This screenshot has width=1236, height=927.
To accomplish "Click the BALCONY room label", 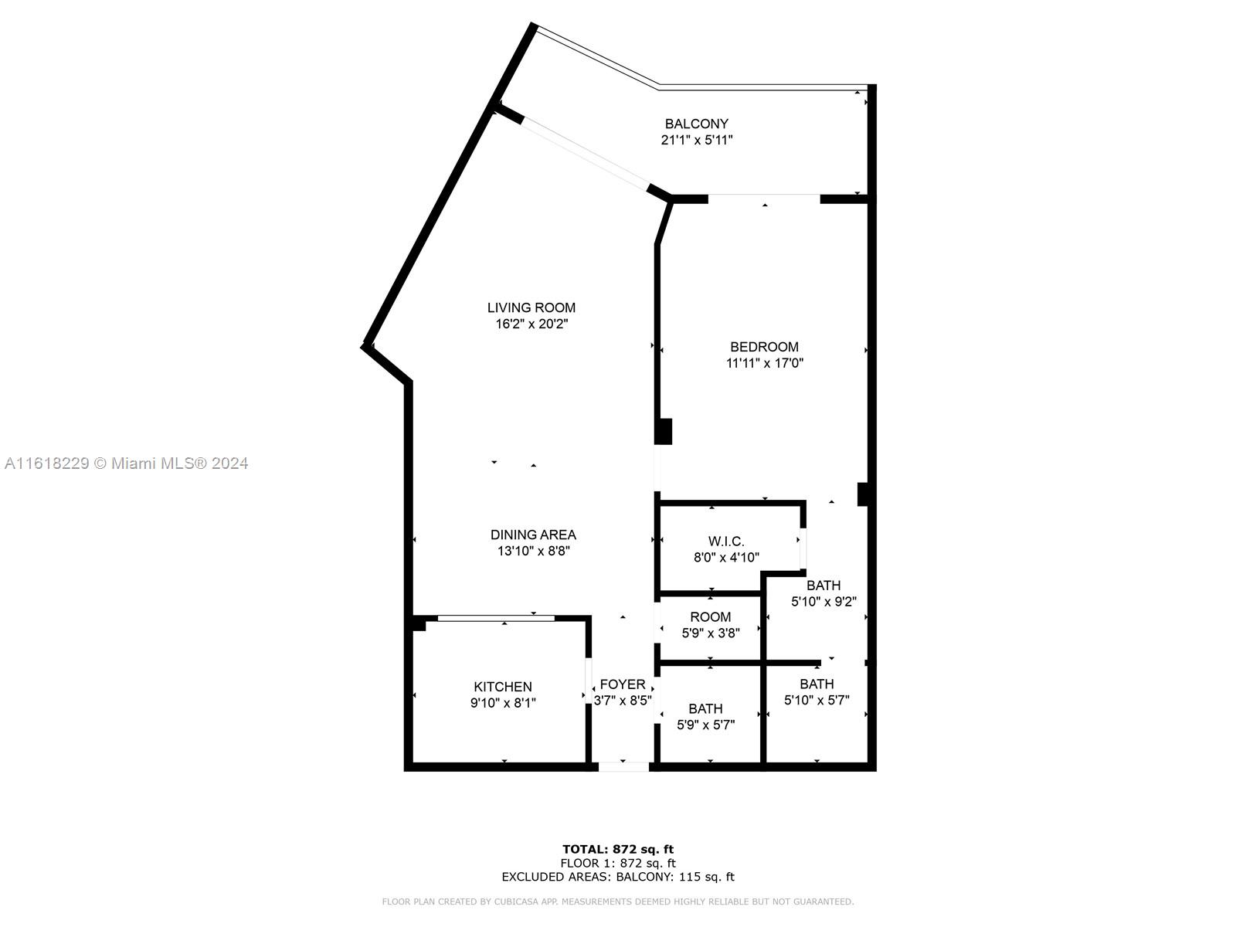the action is pos(696,124).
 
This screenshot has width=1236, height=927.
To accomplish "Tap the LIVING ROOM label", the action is pos(531,308).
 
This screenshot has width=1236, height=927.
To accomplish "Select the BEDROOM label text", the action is pos(764,347).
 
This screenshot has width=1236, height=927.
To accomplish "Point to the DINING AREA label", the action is pos(533,535).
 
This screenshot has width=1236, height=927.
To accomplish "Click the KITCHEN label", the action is pos(502,687).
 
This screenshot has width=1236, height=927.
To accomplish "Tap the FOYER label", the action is pos(622,684).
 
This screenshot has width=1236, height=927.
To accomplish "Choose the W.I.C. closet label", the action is pos(726,542).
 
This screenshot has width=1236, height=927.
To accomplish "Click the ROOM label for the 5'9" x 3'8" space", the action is pos(710,617).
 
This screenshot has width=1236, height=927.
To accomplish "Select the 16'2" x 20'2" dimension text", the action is pos(531,324).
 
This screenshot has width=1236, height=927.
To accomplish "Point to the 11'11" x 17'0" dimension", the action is pos(764,363).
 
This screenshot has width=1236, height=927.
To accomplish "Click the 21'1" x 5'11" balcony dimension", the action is pos(697,140).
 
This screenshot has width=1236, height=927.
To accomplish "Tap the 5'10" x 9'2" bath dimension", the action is pos(823,602).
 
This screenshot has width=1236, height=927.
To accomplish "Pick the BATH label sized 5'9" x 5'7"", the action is pos(705,708).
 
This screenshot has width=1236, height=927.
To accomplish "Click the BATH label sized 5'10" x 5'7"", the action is pos(817,684).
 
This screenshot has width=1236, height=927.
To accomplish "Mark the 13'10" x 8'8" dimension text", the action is pos(533,551).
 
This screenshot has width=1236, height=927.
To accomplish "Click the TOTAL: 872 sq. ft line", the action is pos(618,849).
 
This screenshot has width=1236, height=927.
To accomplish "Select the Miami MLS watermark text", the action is pos(126,463).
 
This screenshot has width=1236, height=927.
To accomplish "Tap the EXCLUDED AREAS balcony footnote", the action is pos(618,876).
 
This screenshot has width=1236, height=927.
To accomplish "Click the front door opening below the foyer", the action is pos(623,766).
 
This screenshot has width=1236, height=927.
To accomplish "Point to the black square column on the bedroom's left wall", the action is pos(664,432).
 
